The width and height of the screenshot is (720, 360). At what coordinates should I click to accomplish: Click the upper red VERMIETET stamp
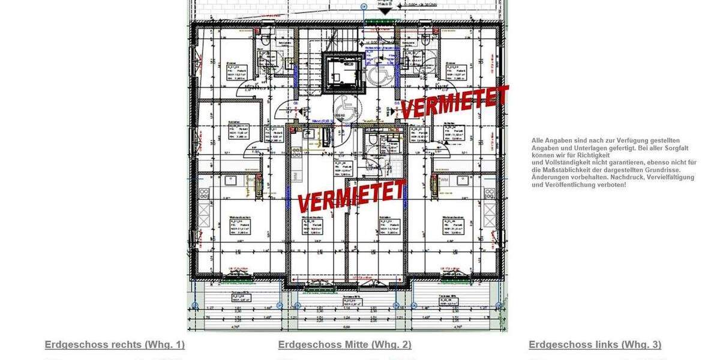pos(454,102)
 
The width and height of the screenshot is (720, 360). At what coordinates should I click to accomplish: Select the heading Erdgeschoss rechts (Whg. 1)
pos(115,344)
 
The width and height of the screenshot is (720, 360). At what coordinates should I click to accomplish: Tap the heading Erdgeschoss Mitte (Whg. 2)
pos(344,344)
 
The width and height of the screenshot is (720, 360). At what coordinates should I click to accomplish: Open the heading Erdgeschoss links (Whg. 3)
pos(595,344)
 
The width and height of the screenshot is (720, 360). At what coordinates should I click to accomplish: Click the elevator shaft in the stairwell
pos(343,72)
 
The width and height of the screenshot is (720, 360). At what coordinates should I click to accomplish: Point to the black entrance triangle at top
pos(385,11)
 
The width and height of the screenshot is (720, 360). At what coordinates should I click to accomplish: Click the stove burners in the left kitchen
pos(204,193)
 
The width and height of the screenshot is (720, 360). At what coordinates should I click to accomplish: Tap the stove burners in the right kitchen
pos(490,193)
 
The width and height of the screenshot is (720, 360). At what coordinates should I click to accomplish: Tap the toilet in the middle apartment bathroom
pos(372,140)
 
